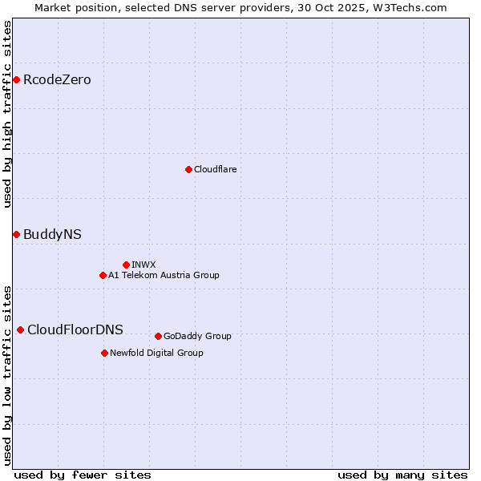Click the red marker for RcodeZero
click(x=16, y=79)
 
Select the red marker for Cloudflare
click(x=188, y=169)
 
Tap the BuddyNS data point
click(x=16, y=234)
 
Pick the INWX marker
click(x=126, y=265)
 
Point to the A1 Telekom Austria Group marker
click(x=103, y=275)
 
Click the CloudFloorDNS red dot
click(x=20, y=329)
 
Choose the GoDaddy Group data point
click(x=158, y=336)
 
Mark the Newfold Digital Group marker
click(x=104, y=353)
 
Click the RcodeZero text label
click(x=57, y=79)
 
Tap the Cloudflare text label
click(x=216, y=169)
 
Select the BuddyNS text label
click(x=52, y=234)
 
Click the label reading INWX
click(x=143, y=265)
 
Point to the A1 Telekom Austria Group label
click(x=164, y=275)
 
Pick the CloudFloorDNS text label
click(x=75, y=329)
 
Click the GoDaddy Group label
click(x=197, y=336)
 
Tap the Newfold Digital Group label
click(x=156, y=353)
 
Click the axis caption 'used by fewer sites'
click(x=83, y=475)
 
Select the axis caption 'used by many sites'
click(x=402, y=475)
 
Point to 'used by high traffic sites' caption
click(x=7, y=114)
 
